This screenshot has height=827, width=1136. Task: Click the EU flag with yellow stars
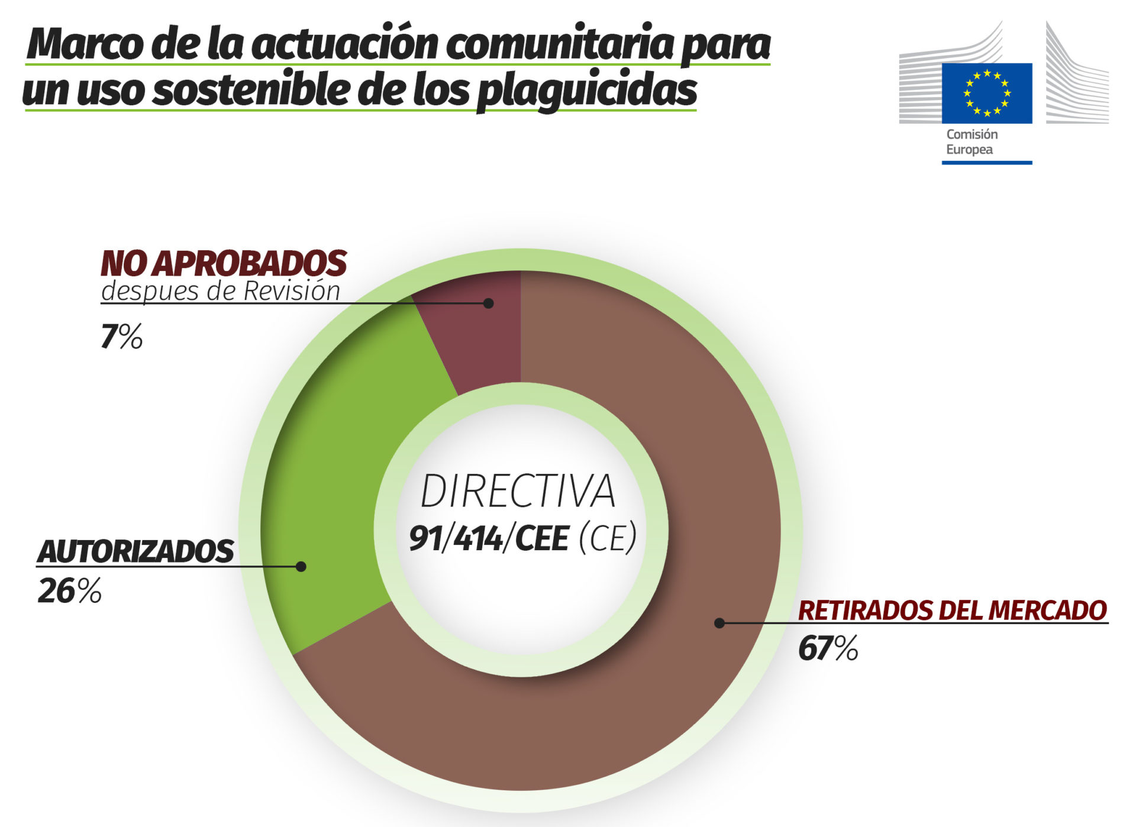point(986,93)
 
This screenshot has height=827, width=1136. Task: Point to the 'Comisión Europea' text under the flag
point(972,142)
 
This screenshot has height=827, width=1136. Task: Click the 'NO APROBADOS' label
point(224,264)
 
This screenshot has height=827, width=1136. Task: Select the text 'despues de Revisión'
point(221,291)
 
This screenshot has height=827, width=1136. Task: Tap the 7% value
point(121,337)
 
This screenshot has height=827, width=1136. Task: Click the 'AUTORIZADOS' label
point(135,551)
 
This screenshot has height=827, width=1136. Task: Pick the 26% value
point(69,591)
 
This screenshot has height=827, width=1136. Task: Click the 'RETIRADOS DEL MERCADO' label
point(952,610)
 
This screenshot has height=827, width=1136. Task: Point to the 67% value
point(828,648)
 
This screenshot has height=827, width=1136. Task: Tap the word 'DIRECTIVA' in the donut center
point(518,492)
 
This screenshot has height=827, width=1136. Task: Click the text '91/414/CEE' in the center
point(489,538)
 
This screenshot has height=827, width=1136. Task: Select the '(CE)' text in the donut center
point(608,538)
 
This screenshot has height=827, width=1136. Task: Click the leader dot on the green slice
point(301,567)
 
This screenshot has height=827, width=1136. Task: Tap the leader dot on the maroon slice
point(488,303)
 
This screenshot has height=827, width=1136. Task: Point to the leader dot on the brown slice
point(719,623)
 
